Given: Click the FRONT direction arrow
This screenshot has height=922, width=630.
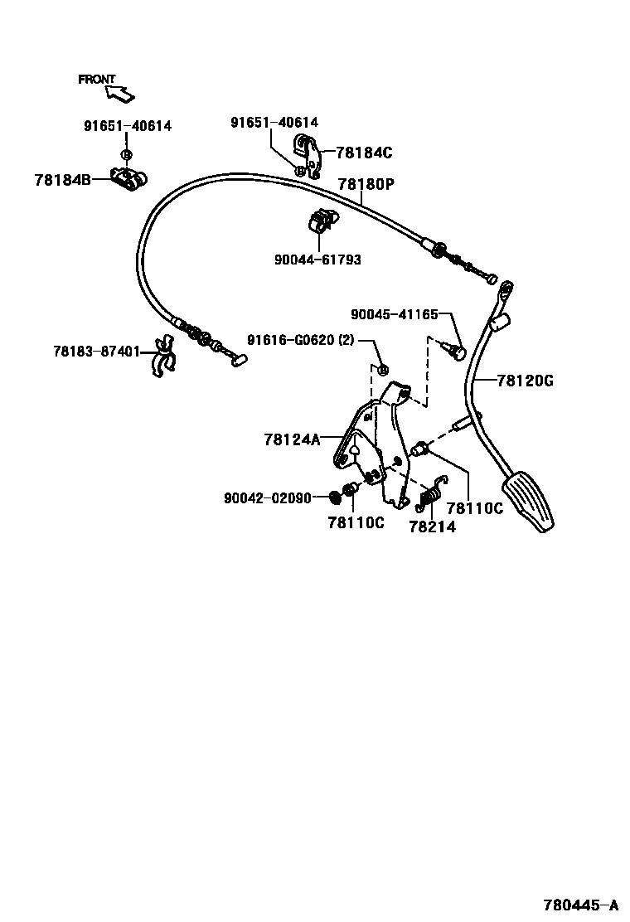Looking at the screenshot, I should coord(121,94).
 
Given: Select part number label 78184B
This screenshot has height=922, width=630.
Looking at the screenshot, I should coord(63,178).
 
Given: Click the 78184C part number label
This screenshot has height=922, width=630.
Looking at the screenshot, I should coord(364,153).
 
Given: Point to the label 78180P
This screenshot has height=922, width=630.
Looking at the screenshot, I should coord(366,185).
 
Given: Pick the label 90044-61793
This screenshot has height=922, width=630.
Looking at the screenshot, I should coord(318,260).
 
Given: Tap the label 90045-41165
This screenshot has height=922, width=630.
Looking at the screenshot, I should coord(394,314).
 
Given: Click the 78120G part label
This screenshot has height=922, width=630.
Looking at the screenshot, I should coord(525,381).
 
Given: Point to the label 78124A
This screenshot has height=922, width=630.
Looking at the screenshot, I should coord(292,440).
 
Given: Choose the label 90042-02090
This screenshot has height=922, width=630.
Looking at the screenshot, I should coord(268,498).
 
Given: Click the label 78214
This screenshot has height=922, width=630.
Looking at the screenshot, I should coord(432,527).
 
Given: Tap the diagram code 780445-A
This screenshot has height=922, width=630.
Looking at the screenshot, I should coord(581,905).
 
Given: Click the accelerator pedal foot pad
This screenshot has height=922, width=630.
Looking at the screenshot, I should coord(531,501).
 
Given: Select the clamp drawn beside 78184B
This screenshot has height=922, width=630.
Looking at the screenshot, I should coord(129,179).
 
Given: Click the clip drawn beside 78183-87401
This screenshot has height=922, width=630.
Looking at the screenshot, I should coord(163,357).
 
